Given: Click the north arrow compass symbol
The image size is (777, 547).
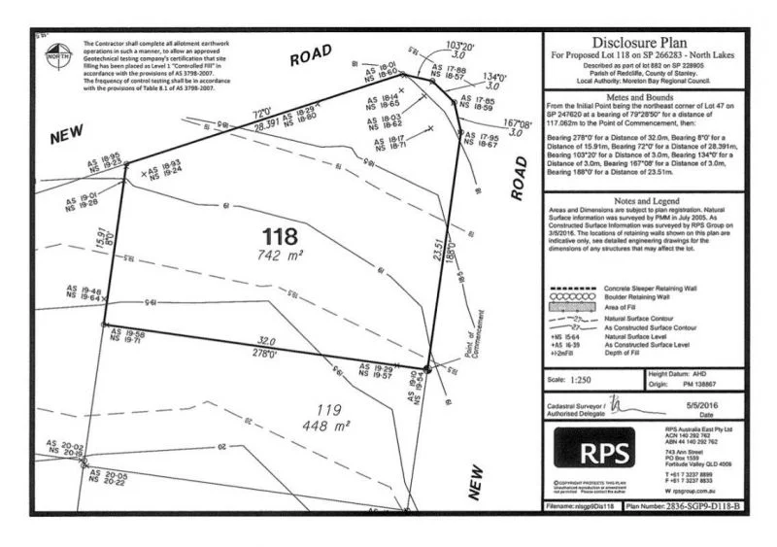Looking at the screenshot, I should pyautogui.click(x=54, y=53).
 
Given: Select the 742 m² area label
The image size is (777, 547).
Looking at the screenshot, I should pyautogui.click(x=283, y=256).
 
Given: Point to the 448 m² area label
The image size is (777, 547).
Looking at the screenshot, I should pyautogui.click(x=330, y=427).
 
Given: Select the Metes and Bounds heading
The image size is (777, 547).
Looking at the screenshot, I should pyautogui.click(x=641, y=96).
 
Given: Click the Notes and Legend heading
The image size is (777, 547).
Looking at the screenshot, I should pyautogui.click(x=641, y=197).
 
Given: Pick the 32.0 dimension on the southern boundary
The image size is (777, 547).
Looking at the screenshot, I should pyautogui.click(x=267, y=342).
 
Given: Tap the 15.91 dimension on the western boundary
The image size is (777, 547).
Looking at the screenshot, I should pyautogui.click(x=100, y=234).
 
